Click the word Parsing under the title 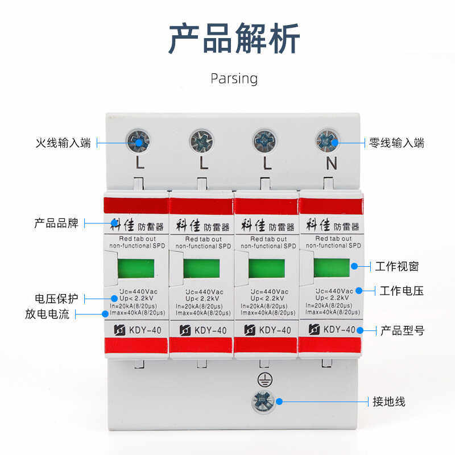click(x=234, y=78)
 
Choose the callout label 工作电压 click(x=402, y=291)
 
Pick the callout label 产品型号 click(x=402, y=330)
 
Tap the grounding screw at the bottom click(x=263, y=402)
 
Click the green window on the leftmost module click(x=135, y=268)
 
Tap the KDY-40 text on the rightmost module click(x=339, y=330)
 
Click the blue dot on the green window click(x=354, y=266)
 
